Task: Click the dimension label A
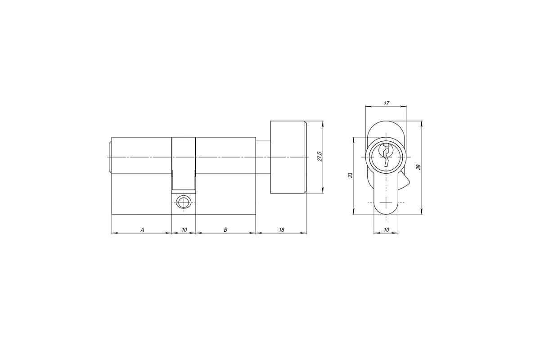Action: [x=143, y=229]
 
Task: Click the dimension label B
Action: [x=225, y=229]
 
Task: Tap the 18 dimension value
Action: [x=281, y=229]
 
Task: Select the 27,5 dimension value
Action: [x=319, y=157]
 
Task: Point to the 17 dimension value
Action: [x=386, y=103]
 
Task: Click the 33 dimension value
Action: [x=351, y=175]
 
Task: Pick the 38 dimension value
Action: [x=418, y=167]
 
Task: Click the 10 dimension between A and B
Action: [x=184, y=229]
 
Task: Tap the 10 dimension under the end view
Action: [x=386, y=230]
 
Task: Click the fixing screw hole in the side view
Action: [x=184, y=202]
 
